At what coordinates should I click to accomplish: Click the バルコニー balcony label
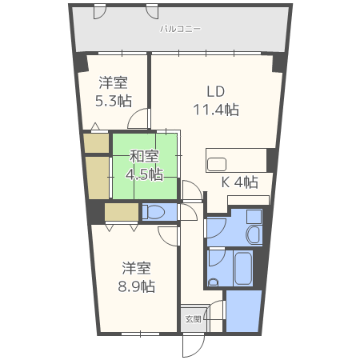tap(180, 29)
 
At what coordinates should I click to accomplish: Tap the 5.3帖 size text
tap(114, 102)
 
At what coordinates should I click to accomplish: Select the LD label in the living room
tap(216, 92)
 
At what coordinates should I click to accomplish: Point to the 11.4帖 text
tap(216, 110)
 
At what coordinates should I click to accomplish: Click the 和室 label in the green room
tap(144, 157)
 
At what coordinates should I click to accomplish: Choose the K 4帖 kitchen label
tap(240, 182)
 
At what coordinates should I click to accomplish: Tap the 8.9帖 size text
tap(137, 286)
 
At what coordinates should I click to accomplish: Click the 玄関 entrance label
tap(193, 319)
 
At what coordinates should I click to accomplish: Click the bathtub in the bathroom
tap(243, 268)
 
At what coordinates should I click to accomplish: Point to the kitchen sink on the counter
tap(217, 164)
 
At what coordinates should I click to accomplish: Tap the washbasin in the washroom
tap(254, 235)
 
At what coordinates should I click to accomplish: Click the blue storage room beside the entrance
tap(243, 311)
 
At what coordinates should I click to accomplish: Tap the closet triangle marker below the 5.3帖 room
tap(95, 126)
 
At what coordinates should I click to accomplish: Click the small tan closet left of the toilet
tap(122, 212)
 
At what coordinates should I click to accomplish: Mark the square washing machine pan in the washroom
tap(254, 217)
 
